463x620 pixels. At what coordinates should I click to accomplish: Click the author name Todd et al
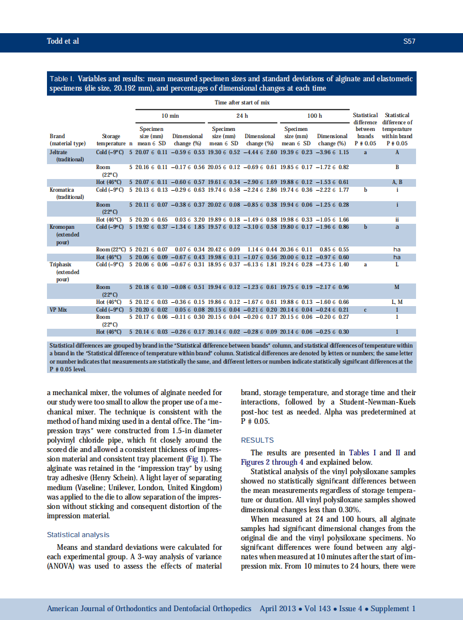point(62,41)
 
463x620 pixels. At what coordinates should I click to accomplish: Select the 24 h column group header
point(242,115)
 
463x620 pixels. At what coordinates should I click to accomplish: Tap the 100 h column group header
point(314,115)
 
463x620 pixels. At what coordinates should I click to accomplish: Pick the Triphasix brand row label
point(61,265)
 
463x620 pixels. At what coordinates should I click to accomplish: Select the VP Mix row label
point(58,310)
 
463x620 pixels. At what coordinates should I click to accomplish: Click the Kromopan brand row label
point(62,227)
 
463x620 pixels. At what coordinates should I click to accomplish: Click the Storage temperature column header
point(111,139)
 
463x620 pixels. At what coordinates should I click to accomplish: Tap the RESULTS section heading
point(257,440)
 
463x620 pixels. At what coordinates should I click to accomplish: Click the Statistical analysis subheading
point(78,534)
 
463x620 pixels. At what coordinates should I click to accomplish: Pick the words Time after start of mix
point(242,103)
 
